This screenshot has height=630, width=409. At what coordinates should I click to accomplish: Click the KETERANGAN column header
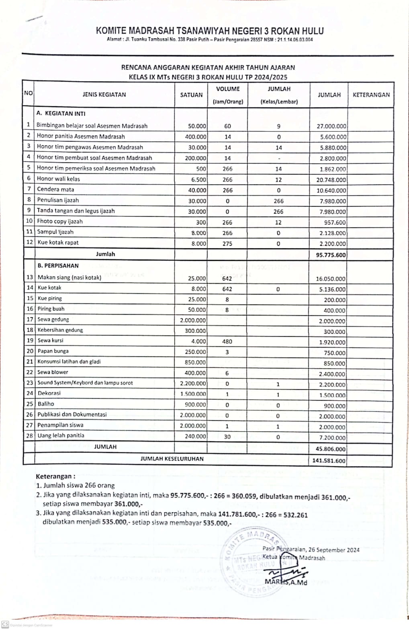371,95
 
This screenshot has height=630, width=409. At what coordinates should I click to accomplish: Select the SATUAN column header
191,95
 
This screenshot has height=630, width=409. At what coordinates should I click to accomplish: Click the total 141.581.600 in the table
329,461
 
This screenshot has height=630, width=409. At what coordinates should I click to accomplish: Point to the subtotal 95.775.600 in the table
329,255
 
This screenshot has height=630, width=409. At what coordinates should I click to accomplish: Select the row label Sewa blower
53,372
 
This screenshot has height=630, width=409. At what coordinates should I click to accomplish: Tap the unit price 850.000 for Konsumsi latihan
195,362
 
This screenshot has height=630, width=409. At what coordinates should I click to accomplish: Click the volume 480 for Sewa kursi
227,342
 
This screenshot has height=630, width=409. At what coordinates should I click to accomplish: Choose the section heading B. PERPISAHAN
58,266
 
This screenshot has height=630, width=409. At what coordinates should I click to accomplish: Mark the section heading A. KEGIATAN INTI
61,113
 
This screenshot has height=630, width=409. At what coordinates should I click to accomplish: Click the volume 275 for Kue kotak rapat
227,243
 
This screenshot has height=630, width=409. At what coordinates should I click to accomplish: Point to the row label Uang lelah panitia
61,435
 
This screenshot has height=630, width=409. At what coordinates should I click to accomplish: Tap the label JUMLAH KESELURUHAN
172,459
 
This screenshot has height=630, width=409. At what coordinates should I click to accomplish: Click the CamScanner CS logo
5,624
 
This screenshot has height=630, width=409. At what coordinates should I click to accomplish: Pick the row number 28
29,435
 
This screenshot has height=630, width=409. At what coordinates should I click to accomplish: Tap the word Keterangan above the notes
55,476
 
